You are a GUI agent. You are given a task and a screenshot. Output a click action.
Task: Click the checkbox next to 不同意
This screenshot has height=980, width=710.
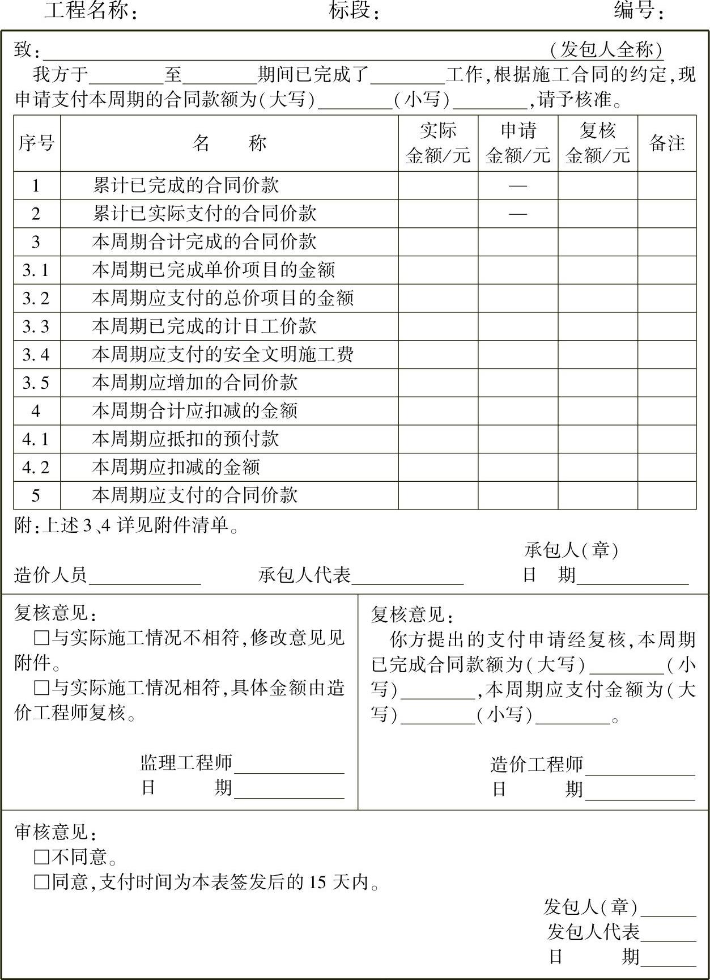pos(41,856)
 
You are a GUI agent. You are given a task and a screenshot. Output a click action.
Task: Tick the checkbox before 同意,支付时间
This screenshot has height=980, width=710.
pos(41,882)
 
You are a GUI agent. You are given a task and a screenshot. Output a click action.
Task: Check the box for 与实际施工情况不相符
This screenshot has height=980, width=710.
pos(41,638)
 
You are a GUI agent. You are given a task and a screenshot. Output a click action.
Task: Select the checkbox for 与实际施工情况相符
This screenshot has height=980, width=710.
pos(41,688)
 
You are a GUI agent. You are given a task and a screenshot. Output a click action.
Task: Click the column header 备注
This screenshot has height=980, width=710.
pos(667,143)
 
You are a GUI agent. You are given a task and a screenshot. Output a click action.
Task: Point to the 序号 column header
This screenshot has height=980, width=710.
pos(36,143)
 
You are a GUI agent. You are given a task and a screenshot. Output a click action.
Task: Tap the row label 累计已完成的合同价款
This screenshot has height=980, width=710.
pos(185,185)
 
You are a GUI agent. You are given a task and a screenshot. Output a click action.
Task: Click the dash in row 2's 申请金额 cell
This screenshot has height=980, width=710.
pos(517,214)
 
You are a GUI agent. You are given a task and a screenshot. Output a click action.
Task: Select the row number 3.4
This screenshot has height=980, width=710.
pos(36,355)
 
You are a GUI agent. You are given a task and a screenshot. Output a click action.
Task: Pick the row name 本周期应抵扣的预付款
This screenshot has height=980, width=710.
pos(185,439)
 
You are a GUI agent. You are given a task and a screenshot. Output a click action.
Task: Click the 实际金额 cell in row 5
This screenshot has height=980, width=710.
pos(438,495)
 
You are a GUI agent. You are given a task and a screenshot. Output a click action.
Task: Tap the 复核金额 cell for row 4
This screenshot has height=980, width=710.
pos(597,411)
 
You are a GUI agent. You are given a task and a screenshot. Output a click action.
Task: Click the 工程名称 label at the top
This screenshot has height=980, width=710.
pos(91,11)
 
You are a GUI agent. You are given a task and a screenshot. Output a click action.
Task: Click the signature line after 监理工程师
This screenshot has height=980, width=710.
pos(289,767)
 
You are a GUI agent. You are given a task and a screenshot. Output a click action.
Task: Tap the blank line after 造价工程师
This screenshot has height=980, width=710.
pos(640,769)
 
